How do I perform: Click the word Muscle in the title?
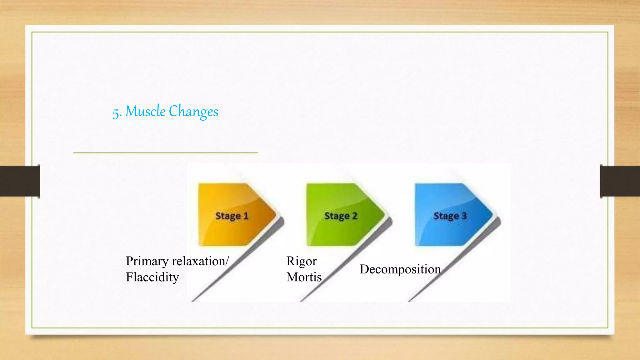145,112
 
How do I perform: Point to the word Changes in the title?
193,112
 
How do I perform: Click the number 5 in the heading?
116,113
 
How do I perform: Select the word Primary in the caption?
147,261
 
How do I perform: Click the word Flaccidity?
152,277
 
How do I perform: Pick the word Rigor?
302,261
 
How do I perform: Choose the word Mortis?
304,277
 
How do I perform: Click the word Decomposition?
400,269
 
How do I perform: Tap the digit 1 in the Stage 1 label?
246,216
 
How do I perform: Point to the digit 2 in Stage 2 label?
355,216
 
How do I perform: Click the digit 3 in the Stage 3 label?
464,216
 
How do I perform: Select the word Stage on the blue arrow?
446,216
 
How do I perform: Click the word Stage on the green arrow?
337,216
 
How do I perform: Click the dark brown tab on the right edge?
620,181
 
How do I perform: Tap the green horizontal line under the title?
165,153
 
